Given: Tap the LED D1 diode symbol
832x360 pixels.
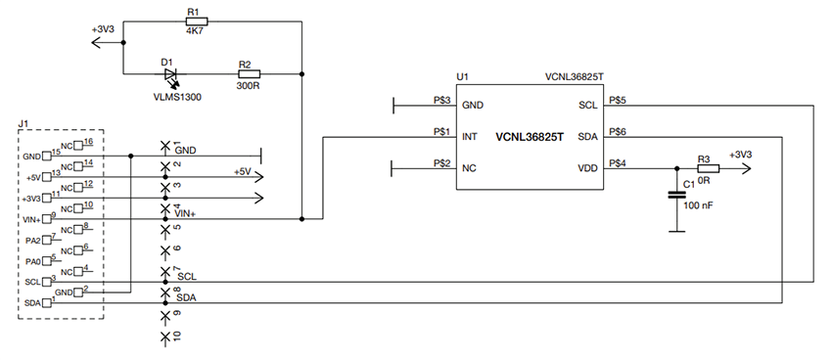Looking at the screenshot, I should [x=171, y=73].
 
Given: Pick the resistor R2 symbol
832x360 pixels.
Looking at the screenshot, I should [x=248, y=73].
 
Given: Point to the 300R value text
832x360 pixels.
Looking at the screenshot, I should [x=248, y=85].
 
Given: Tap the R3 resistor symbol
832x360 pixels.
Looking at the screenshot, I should [x=708, y=168].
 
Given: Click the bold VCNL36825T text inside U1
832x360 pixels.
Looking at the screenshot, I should [x=530, y=137].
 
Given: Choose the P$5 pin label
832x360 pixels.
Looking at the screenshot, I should [x=618, y=99].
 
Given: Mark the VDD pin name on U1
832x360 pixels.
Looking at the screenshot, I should [x=585, y=168].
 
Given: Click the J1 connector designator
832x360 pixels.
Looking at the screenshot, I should [x=24, y=123].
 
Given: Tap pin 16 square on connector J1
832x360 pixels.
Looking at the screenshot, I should [x=77, y=145].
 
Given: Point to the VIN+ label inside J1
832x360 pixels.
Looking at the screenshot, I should [x=32, y=220].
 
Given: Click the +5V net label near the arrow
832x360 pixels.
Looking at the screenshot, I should [x=242, y=171].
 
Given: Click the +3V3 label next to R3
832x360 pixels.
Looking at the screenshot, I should [x=744, y=155].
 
